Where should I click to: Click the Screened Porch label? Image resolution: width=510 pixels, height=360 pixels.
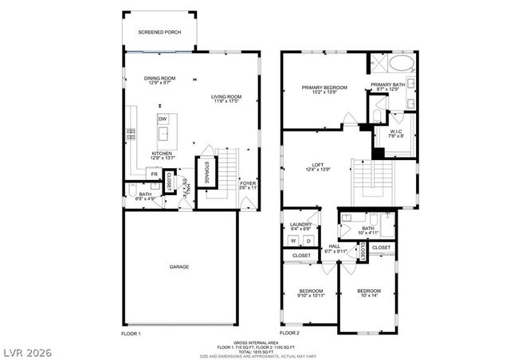pyautogui.click(x=159, y=33)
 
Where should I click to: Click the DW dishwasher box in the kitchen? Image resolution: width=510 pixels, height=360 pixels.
pyautogui.click(x=162, y=119)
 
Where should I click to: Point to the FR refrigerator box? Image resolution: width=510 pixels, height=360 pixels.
pyautogui.click(x=155, y=173)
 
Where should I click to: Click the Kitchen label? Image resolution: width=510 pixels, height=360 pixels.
pyautogui.click(x=162, y=155)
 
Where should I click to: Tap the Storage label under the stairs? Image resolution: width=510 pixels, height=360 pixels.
pyautogui.click(x=206, y=172)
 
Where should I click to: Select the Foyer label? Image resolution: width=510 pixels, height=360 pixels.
pyautogui.click(x=248, y=185)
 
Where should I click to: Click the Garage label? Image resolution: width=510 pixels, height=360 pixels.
pyautogui.click(x=178, y=267)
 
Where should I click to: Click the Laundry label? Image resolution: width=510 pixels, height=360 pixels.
pyautogui.click(x=300, y=226)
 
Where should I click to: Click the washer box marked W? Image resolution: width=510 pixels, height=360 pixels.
pyautogui.click(x=292, y=241)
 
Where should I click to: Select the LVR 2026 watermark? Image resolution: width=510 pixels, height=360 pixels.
pyautogui.click(x=25, y=350)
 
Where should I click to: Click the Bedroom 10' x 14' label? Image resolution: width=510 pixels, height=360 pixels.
pyautogui.click(x=368, y=293)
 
